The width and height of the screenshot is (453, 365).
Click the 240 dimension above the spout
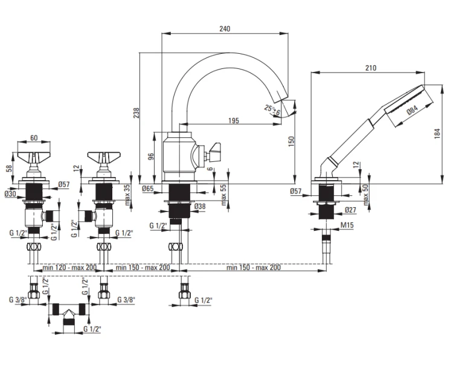click(x=225, y=28)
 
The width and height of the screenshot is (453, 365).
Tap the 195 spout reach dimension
click(x=233, y=120)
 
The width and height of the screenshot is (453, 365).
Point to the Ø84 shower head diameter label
click(x=413, y=110)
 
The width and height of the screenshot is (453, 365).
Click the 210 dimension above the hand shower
click(x=371, y=68)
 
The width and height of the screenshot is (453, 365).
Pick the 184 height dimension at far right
click(x=437, y=134)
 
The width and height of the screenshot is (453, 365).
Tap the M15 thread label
click(x=347, y=225)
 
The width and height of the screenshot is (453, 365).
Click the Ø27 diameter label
click(x=350, y=210)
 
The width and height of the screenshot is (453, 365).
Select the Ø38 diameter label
click(x=200, y=206)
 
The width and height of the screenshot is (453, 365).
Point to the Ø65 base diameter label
click(x=147, y=189)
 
